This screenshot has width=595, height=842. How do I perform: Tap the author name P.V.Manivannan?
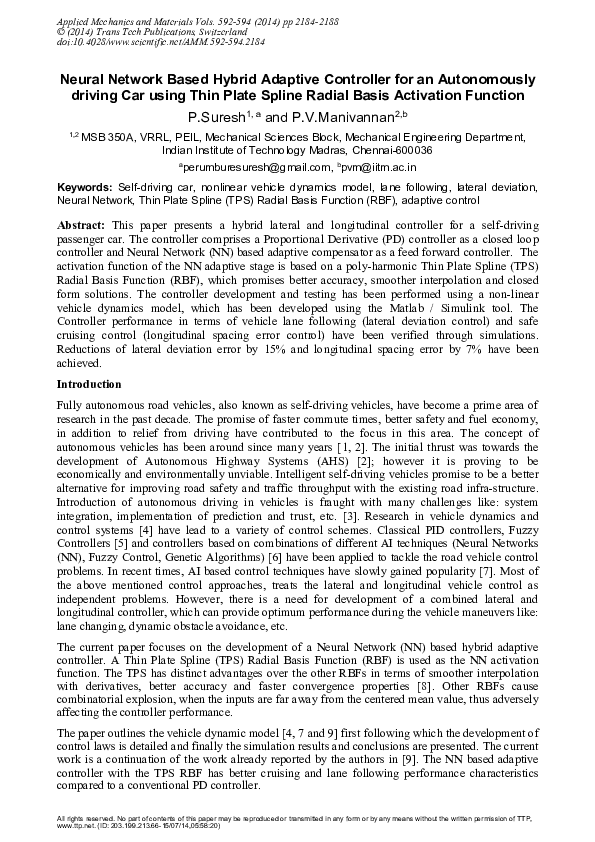click(x=341, y=117)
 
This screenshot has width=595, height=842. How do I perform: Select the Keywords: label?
click(x=85, y=187)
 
